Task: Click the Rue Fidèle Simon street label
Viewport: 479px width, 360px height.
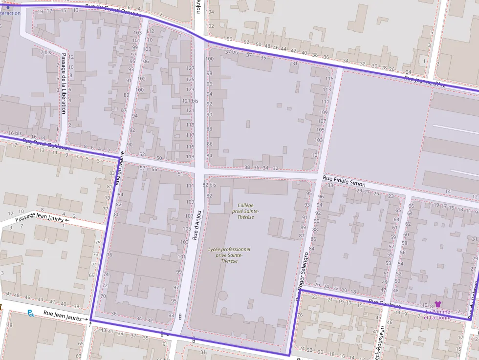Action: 344,182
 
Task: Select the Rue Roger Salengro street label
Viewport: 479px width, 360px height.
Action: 302,276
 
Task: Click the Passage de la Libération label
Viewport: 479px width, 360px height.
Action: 64,83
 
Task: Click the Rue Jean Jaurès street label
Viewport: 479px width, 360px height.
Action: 62,315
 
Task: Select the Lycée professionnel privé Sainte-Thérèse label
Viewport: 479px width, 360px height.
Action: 229,255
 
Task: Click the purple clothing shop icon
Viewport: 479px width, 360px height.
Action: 438,304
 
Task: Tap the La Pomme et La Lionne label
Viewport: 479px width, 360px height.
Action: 438,314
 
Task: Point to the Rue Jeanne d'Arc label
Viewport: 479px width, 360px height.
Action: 425,81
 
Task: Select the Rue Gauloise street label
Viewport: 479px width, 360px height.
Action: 385,304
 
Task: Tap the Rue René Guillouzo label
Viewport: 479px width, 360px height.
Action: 47,145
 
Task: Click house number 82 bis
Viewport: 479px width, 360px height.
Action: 209,185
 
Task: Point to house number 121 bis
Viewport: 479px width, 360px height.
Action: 190,101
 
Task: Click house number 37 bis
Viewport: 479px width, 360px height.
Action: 232,52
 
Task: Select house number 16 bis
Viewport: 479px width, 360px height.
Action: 15,133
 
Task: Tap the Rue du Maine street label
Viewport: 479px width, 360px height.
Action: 120,168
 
